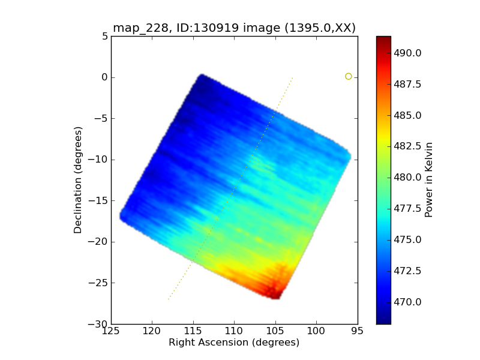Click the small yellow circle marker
(x=348, y=76)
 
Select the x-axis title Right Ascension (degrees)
(x=234, y=343)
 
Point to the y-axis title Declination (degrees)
(x=78, y=180)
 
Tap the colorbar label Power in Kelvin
(x=428, y=180)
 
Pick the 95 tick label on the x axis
(x=358, y=331)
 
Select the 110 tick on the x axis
(x=234, y=331)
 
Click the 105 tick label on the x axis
(x=275, y=331)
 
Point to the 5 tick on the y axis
(x=104, y=36)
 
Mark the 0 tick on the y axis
(x=104, y=77)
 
